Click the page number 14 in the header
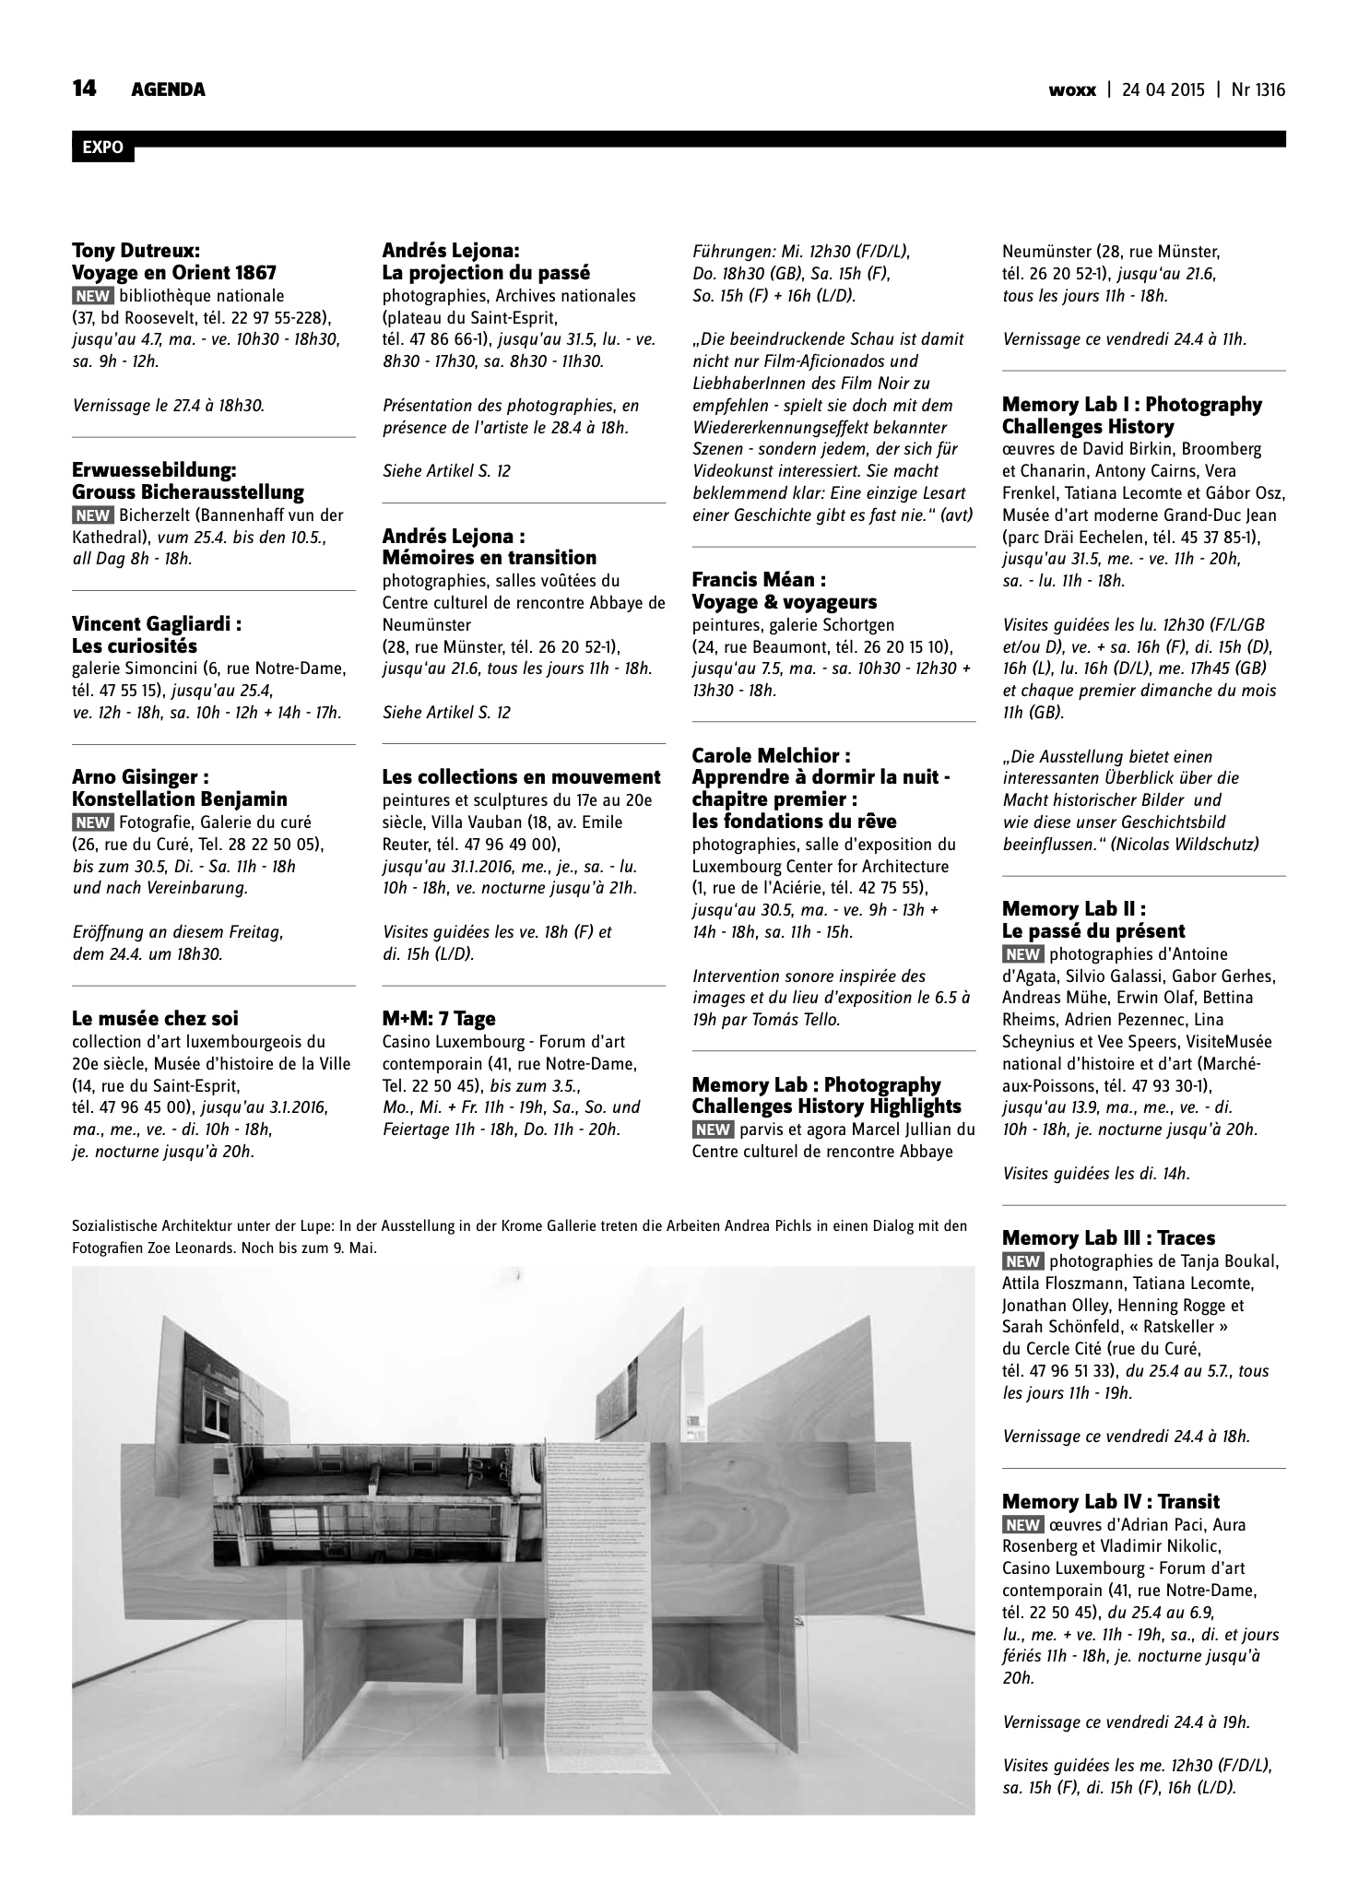click(84, 89)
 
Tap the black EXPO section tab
click(102, 148)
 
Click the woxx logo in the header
click(1072, 89)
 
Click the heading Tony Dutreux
click(136, 250)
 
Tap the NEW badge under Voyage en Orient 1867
click(92, 296)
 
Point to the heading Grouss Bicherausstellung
click(188, 491)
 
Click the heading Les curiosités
click(135, 645)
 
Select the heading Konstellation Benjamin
click(180, 799)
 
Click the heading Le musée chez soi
click(155, 1018)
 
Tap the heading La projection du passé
click(486, 272)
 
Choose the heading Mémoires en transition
click(490, 557)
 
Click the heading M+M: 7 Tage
click(439, 1018)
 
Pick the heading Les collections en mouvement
click(522, 776)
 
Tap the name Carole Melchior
click(771, 755)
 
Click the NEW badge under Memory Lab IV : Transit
click(1022, 1525)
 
